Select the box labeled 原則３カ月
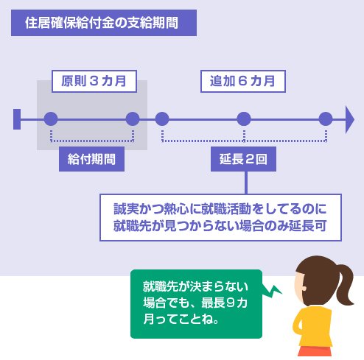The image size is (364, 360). [x=94, y=81]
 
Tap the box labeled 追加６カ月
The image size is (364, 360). [x=243, y=81]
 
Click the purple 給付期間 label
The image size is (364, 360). [x=91, y=159]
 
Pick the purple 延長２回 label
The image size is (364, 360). [x=243, y=159]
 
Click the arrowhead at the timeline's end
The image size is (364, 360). [x=349, y=120]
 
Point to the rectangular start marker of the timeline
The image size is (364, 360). [x=17, y=119]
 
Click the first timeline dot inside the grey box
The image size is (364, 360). [x=51, y=119]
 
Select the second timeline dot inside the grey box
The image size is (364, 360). [x=133, y=119]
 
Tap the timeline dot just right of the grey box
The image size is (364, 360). [x=162, y=119]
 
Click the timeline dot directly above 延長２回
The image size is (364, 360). [x=244, y=119]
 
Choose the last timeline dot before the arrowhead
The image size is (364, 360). [x=326, y=119]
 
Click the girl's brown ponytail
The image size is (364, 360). [x=345, y=285]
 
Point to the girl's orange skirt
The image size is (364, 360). [x=315, y=351]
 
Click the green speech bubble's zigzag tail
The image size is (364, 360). [x=272, y=291]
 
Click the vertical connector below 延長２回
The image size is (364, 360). [x=246, y=183]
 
